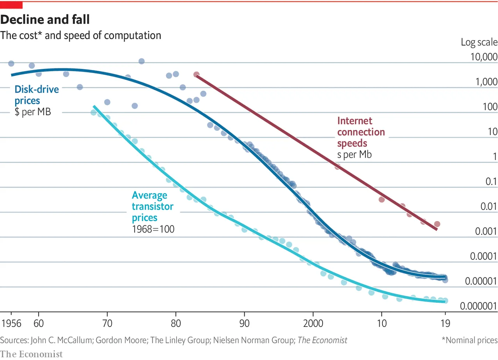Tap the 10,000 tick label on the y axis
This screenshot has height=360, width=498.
pyautogui.click(x=482, y=57)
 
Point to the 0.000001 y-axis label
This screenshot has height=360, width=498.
pyautogui.click(x=479, y=306)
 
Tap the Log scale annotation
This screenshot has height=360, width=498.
pyautogui.click(x=479, y=42)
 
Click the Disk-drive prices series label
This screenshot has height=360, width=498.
pyautogui.click(x=37, y=95)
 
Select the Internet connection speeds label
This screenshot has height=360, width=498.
pyautogui.click(x=361, y=132)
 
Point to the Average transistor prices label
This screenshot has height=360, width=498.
pyautogui.click(x=153, y=206)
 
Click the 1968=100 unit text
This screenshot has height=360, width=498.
pyautogui.click(x=153, y=229)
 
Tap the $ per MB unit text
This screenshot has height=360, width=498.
pyautogui.click(x=33, y=113)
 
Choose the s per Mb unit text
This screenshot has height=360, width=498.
pyautogui.click(x=354, y=155)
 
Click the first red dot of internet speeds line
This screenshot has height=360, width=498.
pyautogui.click(x=196, y=74)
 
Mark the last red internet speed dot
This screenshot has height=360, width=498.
pyautogui.click(x=437, y=224)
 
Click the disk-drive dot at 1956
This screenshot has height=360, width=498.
pyautogui.click(x=11, y=63)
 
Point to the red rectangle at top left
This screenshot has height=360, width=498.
pyautogui.click(x=11, y=5)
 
